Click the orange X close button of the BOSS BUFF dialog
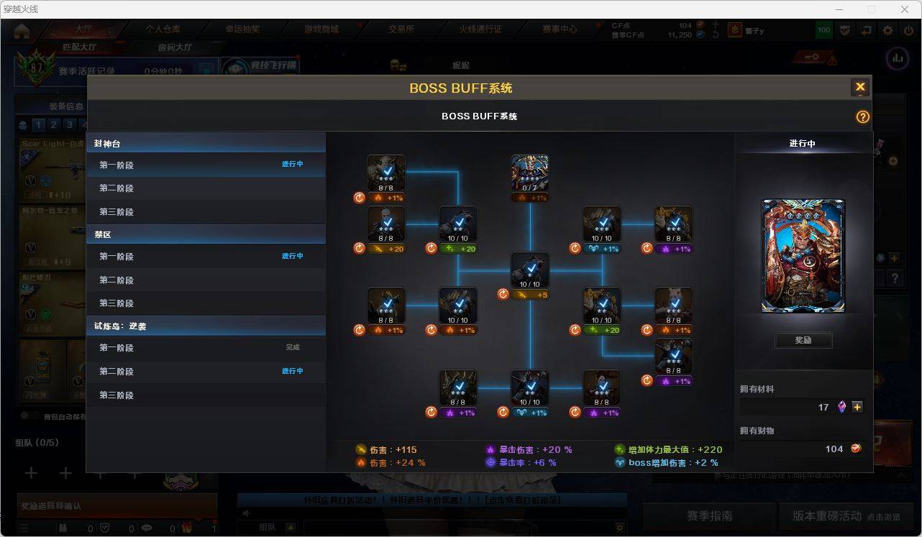(859, 88)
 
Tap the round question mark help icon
(862, 116)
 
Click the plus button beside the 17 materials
(857, 407)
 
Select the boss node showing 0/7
(530, 173)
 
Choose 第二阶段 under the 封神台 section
(117, 188)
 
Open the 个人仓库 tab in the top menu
(163, 29)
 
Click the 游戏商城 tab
(321, 29)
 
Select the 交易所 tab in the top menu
(401, 29)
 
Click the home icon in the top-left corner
(22, 30)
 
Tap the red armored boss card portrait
(803, 257)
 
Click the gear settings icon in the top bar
(888, 30)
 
